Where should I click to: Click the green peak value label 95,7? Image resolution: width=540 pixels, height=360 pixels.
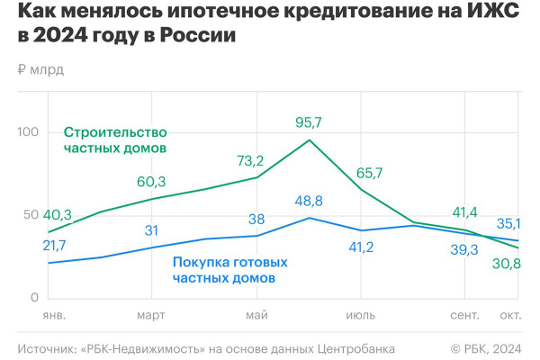[x=310, y=121]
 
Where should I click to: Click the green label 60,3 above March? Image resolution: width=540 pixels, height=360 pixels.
[x=151, y=182]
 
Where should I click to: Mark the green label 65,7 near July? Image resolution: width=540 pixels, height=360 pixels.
[x=370, y=173]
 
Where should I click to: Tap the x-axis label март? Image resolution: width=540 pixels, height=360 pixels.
[x=151, y=315]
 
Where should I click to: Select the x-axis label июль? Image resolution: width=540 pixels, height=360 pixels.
[x=361, y=315]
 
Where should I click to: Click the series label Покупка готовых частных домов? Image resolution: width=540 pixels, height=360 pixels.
[x=229, y=270]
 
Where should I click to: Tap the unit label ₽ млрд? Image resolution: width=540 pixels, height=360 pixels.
[x=40, y=69]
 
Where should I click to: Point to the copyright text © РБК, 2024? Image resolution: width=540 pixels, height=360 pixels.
[x=485, y=347]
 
